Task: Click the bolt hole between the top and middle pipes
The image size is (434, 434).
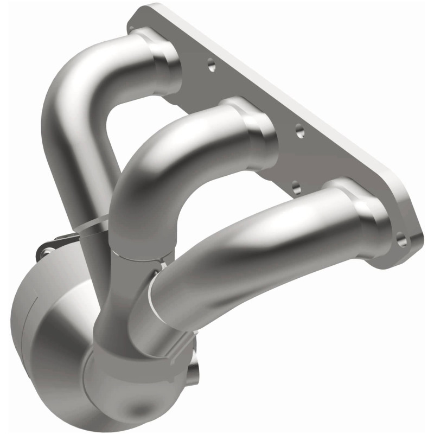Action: (211, 66)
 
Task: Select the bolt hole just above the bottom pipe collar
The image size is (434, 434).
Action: (296, 188)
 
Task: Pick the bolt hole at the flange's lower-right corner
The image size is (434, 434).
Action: (401, 238)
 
